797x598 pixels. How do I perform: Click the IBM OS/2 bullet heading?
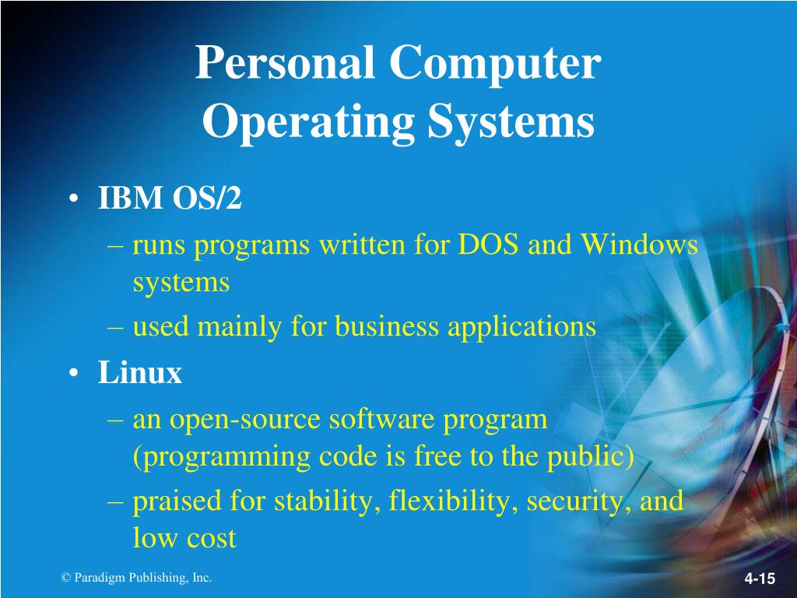coord(170,199)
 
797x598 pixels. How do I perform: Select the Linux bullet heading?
coord(140,374)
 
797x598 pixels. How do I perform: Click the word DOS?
coord(489,245)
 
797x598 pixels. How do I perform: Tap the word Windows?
coord(639,245)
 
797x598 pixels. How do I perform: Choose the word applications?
coord(521,326)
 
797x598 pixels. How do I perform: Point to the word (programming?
coord(222,457)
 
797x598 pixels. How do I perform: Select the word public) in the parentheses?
coord(595,457)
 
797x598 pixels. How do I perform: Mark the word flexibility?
coord(453,501)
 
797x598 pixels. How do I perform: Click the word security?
coord(579,501)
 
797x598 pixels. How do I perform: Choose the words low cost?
coord(184,538)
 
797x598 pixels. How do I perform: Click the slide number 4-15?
coord(760,579)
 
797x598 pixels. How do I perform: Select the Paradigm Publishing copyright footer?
coord(136,577)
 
